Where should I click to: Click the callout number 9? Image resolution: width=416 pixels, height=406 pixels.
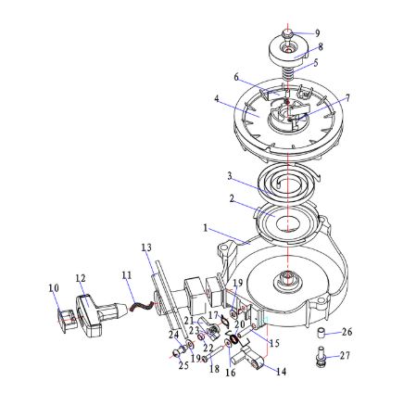point(317,33)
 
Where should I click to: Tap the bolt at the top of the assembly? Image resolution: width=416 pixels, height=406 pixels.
point(287,33)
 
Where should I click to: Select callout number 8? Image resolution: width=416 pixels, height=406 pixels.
point(320,47)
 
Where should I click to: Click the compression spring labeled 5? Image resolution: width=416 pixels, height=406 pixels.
point(288,75)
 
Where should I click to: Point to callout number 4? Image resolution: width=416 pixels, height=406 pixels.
point(217,99)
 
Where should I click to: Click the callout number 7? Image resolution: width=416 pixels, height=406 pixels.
point(347,98)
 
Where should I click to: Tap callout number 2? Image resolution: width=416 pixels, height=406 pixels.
point(232,199)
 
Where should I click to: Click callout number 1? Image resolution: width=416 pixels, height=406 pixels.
point(206,228)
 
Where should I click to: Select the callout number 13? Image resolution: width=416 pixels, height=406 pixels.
point(146,247)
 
